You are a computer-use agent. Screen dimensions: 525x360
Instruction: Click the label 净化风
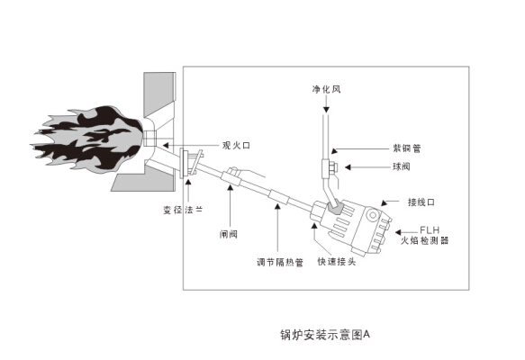327,89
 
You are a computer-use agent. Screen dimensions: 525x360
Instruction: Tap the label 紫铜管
407,148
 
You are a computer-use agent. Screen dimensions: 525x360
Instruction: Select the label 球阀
402,166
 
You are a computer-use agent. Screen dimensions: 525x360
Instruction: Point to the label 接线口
421,202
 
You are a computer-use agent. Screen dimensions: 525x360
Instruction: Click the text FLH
430,230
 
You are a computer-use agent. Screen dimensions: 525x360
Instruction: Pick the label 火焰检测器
424,240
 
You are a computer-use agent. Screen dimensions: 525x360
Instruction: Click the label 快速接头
337,261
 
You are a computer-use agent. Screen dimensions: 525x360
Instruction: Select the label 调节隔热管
280,262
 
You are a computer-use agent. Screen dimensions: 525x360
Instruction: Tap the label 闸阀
229,234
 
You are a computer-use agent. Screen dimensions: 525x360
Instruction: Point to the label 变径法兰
183,210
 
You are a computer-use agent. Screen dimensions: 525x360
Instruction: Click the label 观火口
236,145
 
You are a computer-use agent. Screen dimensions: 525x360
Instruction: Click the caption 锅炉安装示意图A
325,335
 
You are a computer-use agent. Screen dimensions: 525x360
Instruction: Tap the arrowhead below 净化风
326,110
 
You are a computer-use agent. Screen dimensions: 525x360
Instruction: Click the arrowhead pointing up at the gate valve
230,186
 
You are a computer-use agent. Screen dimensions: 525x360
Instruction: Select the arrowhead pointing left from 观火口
166,145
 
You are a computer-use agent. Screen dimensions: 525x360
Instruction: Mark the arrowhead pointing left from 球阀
348,166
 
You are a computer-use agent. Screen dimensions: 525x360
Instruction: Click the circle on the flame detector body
372,215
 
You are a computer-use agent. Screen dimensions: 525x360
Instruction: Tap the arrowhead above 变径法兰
188,183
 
